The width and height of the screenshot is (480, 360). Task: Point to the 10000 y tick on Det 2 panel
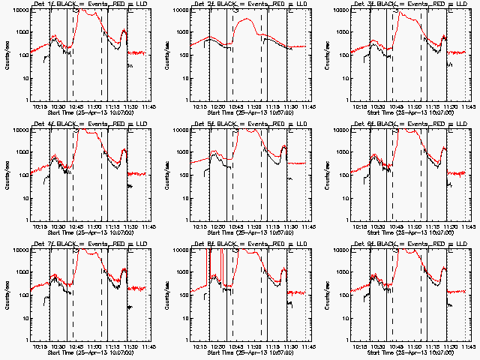(x=178, y=10)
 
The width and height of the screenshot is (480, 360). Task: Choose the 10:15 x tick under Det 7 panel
(x=40, y=346)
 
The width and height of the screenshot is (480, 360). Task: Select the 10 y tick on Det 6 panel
(x=343, y=198)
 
